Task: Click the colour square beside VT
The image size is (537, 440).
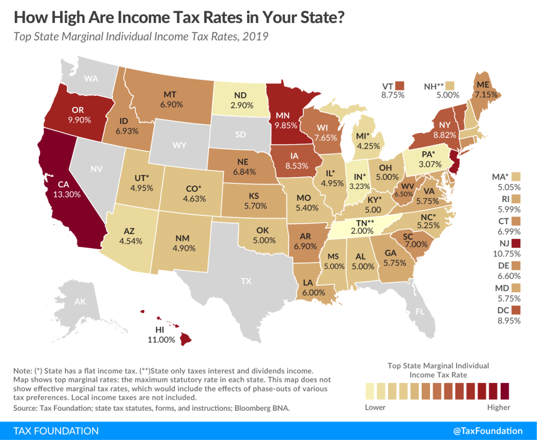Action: (x=401, y=85)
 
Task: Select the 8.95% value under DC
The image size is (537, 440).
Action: (x=509, y=321)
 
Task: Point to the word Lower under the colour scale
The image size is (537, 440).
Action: (x=375, y=407)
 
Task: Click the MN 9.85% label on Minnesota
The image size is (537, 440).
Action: (x=285, y=120)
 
